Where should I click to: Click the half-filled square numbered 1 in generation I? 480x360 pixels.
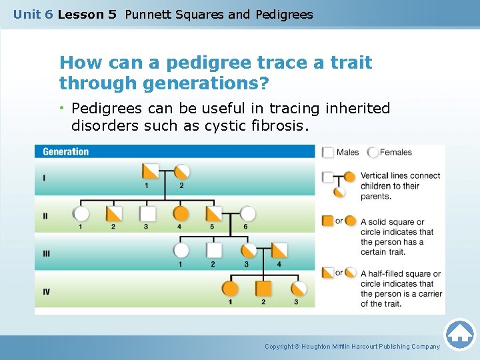point(150,171)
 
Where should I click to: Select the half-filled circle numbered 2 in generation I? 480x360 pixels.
point(181,171)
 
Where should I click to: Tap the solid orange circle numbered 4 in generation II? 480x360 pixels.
point(181,213)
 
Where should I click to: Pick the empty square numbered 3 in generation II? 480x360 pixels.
point(147,213)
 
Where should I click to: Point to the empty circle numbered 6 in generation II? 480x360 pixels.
point(247,213)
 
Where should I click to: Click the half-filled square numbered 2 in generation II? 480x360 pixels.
point(114,213)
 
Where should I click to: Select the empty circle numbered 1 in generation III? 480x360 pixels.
point(181,251)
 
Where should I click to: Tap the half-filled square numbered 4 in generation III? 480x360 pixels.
point(279,251)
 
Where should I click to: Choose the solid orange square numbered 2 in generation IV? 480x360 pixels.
point(263,289)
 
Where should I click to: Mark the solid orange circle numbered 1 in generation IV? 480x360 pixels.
point(230,289)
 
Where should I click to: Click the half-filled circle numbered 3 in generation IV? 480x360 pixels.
point(299,289)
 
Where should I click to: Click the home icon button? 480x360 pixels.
point(459,334)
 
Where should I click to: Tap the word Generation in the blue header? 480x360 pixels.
point(65,152)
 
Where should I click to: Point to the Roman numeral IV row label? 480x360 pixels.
point(47,291)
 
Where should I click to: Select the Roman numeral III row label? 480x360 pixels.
point(47,253)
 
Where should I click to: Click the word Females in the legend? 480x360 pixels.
point(395,152)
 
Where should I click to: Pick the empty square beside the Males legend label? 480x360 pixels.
point(328,152)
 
